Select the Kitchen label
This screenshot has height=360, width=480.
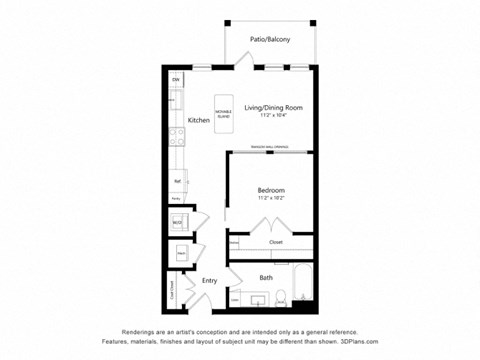198,120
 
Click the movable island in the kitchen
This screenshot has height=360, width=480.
223,113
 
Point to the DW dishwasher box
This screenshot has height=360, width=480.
174,79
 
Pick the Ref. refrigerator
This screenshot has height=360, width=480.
177,181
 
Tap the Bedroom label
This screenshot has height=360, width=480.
271,190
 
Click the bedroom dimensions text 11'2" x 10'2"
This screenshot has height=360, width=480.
271,199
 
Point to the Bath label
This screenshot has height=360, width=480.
266,277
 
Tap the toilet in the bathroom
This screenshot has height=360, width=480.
281,296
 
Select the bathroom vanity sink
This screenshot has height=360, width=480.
258,298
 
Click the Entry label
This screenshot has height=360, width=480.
209,281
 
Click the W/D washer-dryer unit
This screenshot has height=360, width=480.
177,222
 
